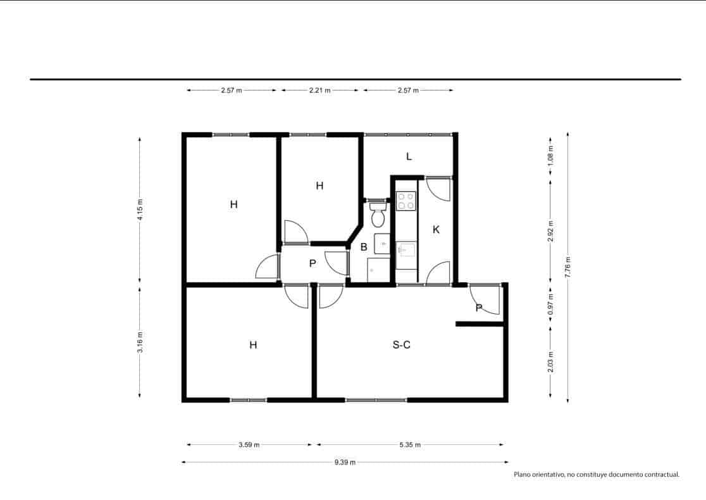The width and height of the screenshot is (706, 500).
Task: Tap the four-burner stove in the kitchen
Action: click(x=406, y=201)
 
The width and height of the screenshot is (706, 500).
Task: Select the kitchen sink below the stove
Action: click(x=406, y=250)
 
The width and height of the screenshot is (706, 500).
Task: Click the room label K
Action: click(x=436, y=230)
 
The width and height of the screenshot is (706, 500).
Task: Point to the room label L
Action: click(x=409, y=156)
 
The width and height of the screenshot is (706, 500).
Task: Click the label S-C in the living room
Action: click(x=402, y=345)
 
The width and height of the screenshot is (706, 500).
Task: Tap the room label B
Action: click(x=364, y=247)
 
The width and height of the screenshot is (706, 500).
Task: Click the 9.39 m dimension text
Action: click(x=345, y=463)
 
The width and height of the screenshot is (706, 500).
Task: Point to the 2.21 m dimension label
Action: click(x=319, y=91)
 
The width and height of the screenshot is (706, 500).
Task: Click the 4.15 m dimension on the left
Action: click(x=140, y=209)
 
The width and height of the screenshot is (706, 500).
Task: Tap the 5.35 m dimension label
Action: click(x=409, y=445)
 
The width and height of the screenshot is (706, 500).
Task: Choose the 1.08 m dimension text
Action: click(x=550, y=156)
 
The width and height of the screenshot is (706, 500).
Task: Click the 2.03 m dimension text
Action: click(x=550, y=362)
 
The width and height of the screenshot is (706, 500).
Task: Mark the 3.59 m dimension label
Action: click(x=249, y=445)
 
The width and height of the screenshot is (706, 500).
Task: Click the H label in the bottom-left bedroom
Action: click(x=253, y=345)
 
